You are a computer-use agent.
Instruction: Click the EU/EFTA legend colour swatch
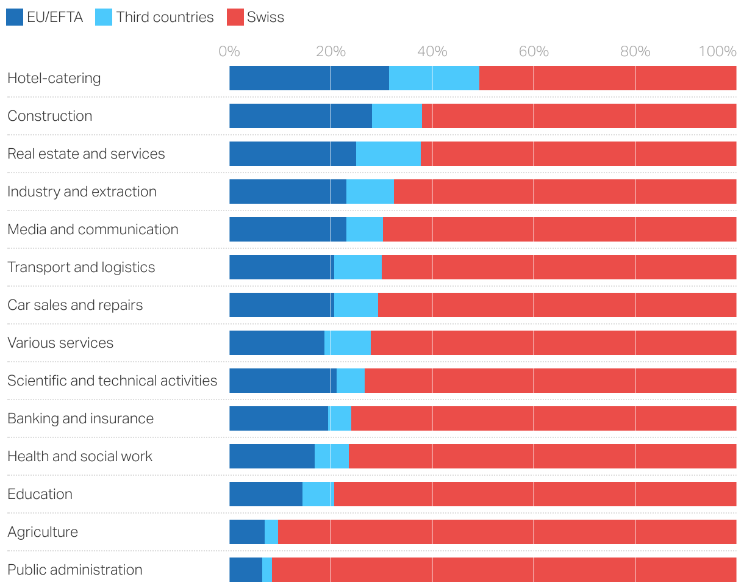tap(15, 17)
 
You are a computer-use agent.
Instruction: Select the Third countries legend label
tap(165, 17)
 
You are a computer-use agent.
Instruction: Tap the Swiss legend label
tap(265, 17)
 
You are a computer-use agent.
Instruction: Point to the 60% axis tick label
tap(534, 51)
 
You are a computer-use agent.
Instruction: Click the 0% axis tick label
tap(229, 51)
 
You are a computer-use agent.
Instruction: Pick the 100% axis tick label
tap(717, 51)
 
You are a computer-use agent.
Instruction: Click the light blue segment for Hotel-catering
tap(434, 78)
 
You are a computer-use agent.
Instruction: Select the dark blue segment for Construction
tap(300, 116)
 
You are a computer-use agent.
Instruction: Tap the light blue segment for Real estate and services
tap(388, 154)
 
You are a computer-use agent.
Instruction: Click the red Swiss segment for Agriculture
tap(506, 532)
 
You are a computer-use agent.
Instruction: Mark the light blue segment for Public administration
tap(267, 570)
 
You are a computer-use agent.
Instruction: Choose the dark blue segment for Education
tap(265, 494)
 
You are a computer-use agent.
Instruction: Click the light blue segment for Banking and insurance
tap(340, 418)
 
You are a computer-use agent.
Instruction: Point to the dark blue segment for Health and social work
tap(271, 456)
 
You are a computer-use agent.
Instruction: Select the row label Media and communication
tap(93, 229)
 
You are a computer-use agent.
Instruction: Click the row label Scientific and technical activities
tap(112, 381)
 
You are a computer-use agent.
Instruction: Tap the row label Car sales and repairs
tap(75, 305)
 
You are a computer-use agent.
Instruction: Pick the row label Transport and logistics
tap(81, 267)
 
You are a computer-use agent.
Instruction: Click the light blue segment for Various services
tap(348, 343)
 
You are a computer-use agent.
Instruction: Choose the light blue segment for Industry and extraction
tap(370, 192)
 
